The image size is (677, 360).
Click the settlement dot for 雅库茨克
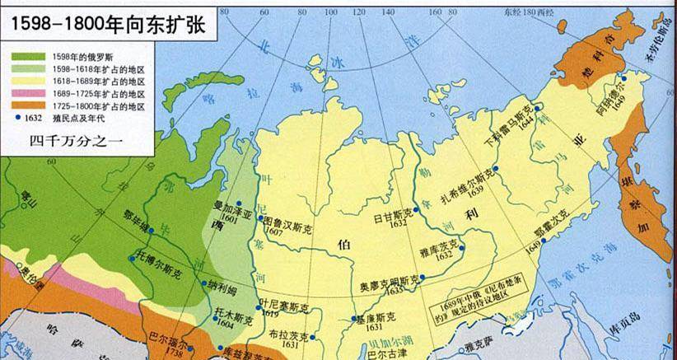462,247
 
